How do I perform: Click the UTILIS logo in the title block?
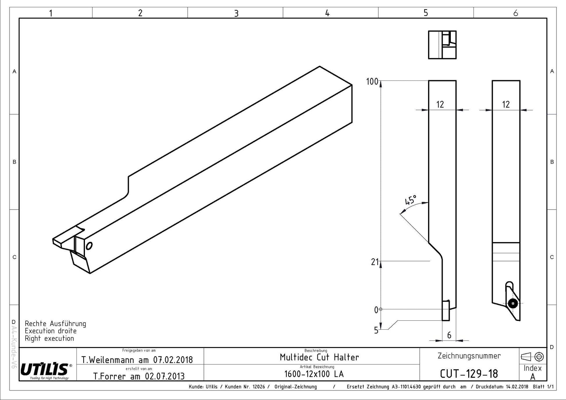coord(45,370)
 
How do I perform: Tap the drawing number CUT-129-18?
coord(469,374)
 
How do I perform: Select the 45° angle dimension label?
coord(411,200)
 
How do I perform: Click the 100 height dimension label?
coord(372,82)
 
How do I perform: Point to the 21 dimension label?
coord(375,262)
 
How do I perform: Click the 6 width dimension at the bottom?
coord(449,335)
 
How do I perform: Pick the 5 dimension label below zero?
coord(376,331)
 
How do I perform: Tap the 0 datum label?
coord(376,310)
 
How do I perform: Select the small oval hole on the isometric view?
coord(89,246)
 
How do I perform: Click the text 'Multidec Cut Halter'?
coord(319,357)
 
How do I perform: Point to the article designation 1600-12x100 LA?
coord(314,374)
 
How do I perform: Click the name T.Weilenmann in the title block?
coord(108,360)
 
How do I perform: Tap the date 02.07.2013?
coord(165,376)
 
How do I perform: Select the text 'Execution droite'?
coord(51,331)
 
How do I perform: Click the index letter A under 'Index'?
coord(533,377)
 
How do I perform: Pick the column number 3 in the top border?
coord(236,13)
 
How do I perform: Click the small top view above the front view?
coord(442,45)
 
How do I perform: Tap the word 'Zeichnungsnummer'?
coord(469,356)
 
